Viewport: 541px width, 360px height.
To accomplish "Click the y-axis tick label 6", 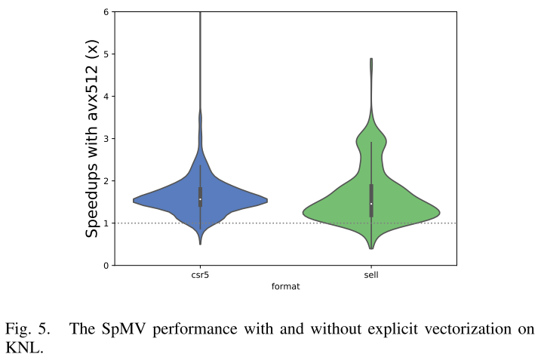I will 105,12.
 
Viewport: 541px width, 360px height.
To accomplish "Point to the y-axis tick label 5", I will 105,54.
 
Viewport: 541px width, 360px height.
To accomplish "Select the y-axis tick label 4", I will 105,97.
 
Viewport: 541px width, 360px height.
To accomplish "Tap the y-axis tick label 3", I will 105,139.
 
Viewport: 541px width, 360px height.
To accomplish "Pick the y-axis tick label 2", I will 105,181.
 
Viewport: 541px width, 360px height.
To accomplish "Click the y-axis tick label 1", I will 105,223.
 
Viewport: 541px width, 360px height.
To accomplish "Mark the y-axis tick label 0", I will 105,266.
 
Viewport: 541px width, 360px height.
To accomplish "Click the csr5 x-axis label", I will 200,276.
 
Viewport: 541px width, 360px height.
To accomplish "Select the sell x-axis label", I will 370,276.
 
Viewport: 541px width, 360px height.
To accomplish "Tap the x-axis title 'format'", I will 284,287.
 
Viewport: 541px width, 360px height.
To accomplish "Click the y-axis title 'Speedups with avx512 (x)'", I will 92,139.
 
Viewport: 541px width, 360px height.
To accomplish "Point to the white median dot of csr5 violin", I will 200,199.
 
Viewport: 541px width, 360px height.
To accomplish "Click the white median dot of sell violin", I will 370,204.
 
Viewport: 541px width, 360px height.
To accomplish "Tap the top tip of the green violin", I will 370,59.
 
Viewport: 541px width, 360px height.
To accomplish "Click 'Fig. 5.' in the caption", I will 28,330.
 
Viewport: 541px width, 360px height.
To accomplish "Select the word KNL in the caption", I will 21,348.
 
